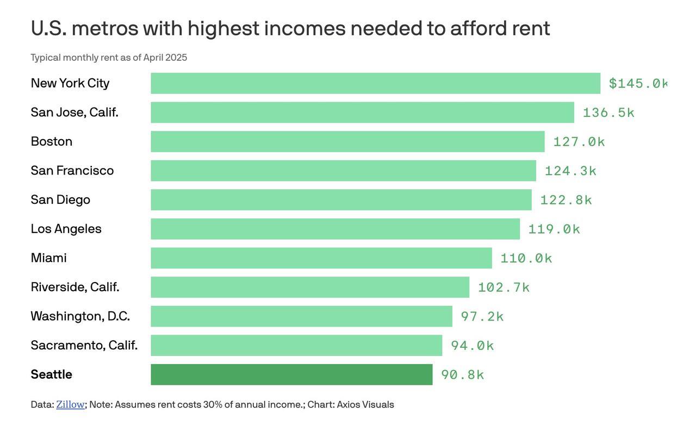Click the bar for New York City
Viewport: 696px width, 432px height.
pyautogui.click(x=375, y=83)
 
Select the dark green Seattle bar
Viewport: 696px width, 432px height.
pyautogui.click(x=291, y=374)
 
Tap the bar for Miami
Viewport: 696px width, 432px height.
pyautogui.click(x=321, y=258)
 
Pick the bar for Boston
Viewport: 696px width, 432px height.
pyautogui.click(x=347, y=141)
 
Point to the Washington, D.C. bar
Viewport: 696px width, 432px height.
pyautogui.click(x=301, y=316)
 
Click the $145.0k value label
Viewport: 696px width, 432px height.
pyautogui.click(x=638, y=83)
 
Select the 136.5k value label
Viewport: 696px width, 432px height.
pyautogui.click(x=608, y=112)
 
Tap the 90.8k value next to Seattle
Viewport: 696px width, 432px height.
pyautogui.click(x=462, y=374)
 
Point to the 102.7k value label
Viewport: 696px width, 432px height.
pyautogui.click(x=504, y=287)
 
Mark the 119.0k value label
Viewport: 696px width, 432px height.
pyautogui.click(x=554, y=229)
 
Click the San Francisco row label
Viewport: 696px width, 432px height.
pyautogui.click(x=72, y=171)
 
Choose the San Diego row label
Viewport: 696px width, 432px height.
pyautogui.click(x=60, y=199)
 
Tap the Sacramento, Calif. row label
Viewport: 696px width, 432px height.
pyautogui.click(x=84, y=345)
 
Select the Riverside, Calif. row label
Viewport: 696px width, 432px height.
pyautogui.click(x=75, y=287)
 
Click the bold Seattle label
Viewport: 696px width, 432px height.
pyautogui.click(x=52, y=374)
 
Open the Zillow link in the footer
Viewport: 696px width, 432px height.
pyautogui.click(x=70, y=404)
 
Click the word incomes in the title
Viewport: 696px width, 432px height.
pyautogui.click(x=304, y=28)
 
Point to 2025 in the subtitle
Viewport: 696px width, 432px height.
pyautogui.click(x=176, y=58)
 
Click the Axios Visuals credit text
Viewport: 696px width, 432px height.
pyautogui.click(x=365, y=404)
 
